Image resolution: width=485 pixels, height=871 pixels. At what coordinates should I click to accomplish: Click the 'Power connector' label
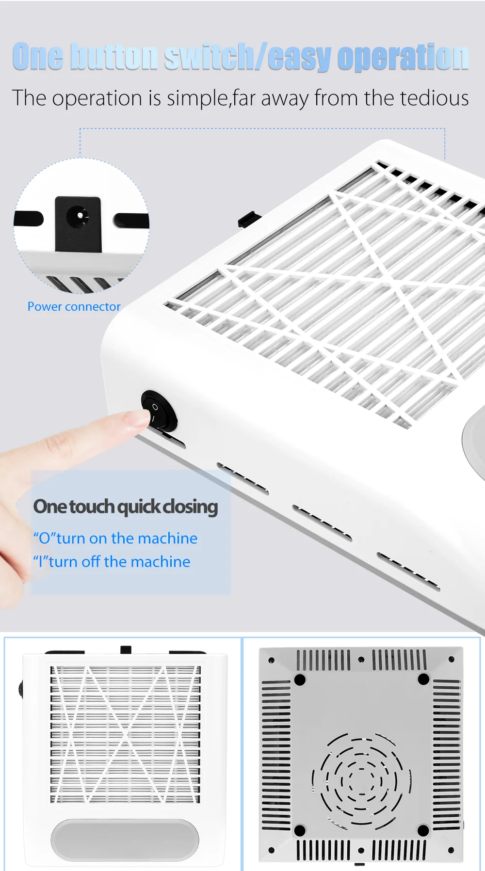(x=74, y=306)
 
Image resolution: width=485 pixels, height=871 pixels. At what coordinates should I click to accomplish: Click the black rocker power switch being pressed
(x=159, y=411)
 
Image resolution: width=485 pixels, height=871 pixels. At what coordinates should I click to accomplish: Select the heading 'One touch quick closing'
(x=126, y=507)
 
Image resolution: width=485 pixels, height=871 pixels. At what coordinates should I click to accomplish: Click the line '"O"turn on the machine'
(x=115, y=538)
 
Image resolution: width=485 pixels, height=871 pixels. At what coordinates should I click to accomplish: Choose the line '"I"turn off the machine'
(x=112, y=562)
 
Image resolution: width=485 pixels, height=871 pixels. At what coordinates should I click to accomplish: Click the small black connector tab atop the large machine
(x=249, y=220)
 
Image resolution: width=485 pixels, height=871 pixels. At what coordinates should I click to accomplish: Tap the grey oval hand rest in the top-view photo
(x=125, y=840)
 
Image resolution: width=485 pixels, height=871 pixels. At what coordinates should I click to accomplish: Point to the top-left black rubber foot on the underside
(x=300, y=680)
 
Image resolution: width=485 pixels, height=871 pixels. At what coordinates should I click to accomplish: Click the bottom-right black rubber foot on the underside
(x=423, y=831)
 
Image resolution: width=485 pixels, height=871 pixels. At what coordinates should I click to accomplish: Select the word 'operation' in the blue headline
(x=403, y=57)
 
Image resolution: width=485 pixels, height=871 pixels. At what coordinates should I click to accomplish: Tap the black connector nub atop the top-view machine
(x=126, y=649)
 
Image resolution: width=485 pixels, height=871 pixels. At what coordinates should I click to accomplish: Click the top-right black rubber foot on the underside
(x=423, y=679)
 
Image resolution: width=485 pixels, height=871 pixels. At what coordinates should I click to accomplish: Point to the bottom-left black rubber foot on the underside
(x=300, y=831)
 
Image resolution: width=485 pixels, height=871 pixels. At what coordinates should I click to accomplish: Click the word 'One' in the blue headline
(x=38, y=57)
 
